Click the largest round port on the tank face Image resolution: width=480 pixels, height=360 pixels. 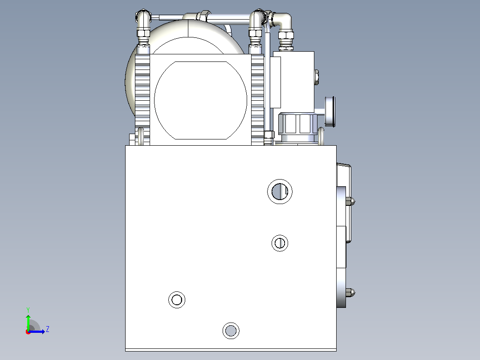pyautogui.click(x=280, y=192)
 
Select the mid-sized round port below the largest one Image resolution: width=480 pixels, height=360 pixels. pyautogui.click(x=280, y=243)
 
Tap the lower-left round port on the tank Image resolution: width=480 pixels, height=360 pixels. pyautogui.click(x=177, y=300)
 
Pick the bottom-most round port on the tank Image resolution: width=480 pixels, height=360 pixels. pyautogui.click(x=231, y=331)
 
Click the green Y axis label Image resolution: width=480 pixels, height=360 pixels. pyautogui.click(x=28, y=310)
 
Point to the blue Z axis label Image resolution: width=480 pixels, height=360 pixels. pyautogui.click(x=48, y=329)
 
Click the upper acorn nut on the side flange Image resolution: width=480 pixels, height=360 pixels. pyautogui.click(x=350, y=201)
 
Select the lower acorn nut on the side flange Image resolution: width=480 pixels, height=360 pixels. pyautogui.click(x=350, y=292)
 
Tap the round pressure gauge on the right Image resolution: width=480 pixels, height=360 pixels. pyautogui.click(x=330, y=111)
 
